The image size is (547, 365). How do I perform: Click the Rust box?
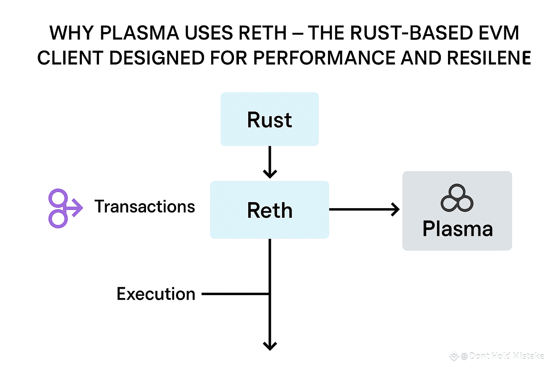270,119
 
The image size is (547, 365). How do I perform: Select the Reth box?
270,210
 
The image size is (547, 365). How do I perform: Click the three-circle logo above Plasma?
457,198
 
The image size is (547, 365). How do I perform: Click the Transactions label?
145,207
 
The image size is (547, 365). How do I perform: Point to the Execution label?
156,294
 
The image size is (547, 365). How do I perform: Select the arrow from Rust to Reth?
270,162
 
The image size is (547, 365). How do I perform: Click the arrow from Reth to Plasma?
364,209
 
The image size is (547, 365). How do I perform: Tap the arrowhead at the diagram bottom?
270,345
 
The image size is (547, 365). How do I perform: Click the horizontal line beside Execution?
235,294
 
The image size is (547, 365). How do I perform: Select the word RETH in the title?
262,33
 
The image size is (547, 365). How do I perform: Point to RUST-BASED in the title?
411,33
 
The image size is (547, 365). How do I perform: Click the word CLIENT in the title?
70,58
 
